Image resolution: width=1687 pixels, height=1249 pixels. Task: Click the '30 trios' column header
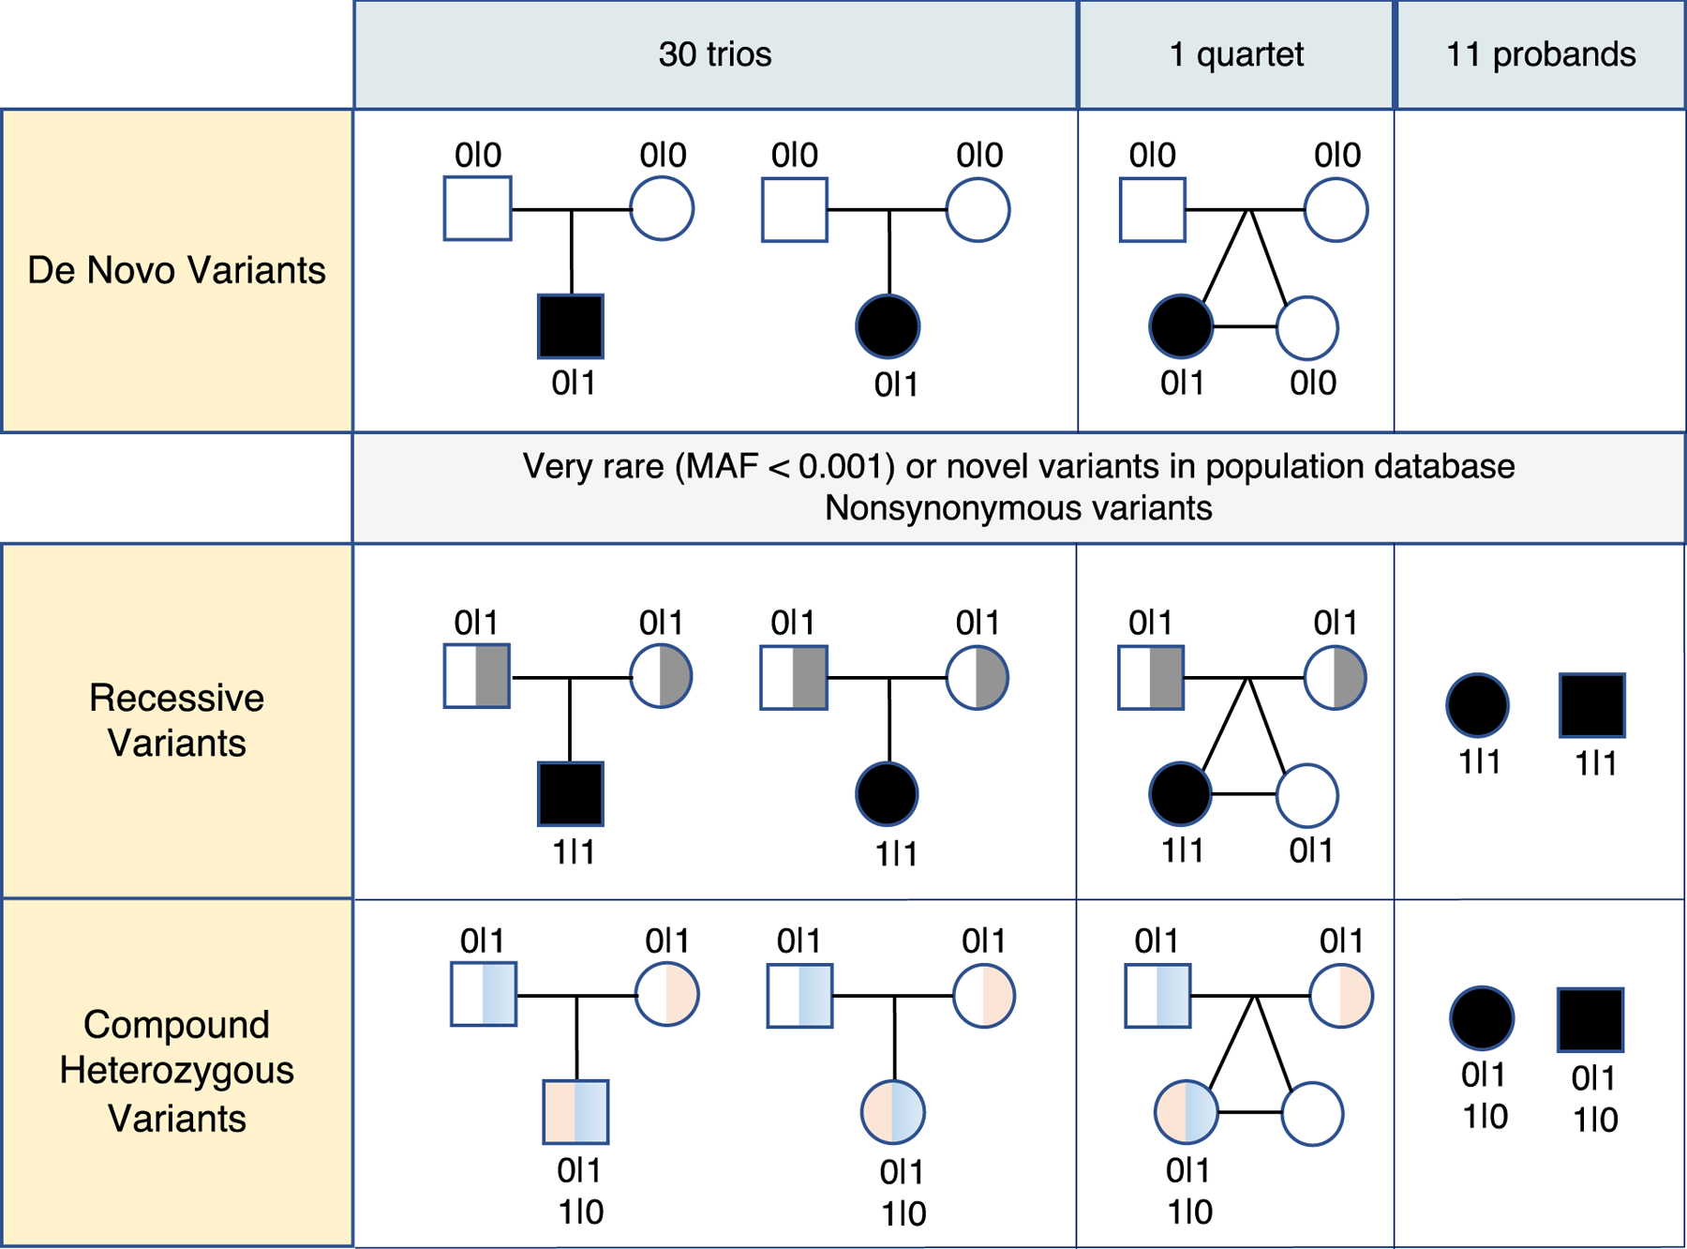714,54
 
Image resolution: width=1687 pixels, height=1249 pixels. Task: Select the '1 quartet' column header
1235,54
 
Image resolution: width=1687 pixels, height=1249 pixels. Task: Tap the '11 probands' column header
1540,54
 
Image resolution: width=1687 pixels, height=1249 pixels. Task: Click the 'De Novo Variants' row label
176,270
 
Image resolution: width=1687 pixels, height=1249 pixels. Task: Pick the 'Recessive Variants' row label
176,720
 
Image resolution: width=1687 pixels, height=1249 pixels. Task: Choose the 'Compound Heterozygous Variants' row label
176,1071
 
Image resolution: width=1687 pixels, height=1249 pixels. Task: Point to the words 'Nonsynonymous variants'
1018,508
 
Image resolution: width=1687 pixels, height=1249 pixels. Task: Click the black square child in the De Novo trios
571,326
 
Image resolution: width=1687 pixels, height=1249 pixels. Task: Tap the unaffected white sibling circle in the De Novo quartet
1306,328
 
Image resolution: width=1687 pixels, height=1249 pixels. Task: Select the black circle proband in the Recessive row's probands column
1477,704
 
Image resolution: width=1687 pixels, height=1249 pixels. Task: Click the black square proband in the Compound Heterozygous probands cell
1590,1019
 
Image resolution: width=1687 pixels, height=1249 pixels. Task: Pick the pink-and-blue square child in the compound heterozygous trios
575,1112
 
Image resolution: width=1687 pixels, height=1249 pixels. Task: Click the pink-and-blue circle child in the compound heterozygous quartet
1186,1112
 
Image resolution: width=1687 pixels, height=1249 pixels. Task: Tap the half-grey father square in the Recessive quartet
1151,677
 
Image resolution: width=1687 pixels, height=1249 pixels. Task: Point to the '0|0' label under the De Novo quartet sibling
1312,383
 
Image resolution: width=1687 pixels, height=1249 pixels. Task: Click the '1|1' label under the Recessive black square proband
1595,763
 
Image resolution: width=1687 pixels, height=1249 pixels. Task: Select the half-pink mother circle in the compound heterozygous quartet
1341,996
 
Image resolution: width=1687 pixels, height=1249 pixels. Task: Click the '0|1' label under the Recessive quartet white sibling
1310,850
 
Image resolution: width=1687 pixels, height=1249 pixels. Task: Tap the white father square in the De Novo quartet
1152,210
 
